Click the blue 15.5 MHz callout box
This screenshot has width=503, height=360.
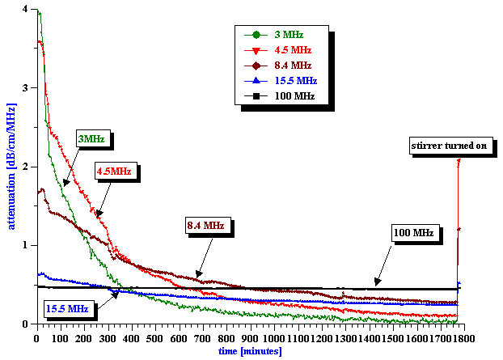click(x=68, y=308)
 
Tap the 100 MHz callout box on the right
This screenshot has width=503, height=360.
click(x=413, y=234)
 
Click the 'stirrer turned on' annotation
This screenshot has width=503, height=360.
click(x=448, y=146)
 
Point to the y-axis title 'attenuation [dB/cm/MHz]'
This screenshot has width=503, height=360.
click(x=11, y=167)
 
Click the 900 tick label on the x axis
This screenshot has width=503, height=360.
click(x=248, y=337)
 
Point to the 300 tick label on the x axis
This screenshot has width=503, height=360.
click(x=107, y=337)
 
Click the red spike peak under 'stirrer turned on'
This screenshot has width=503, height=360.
click(x=459, y=160)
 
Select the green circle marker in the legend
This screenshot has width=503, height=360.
click(x=256, y=35)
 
